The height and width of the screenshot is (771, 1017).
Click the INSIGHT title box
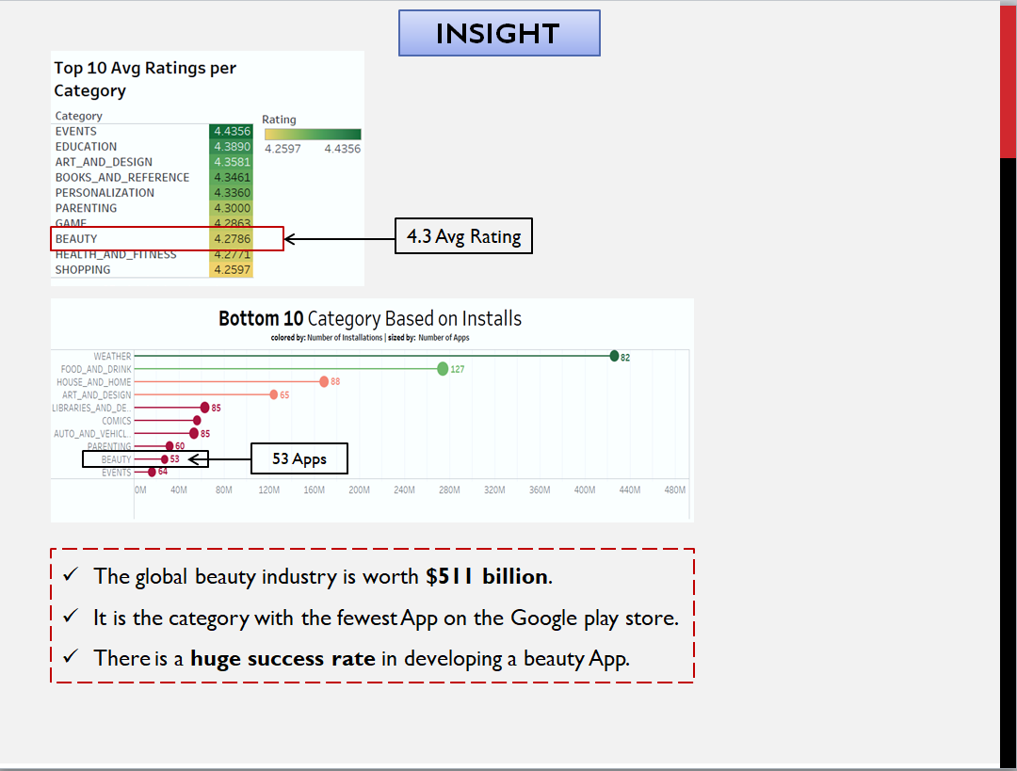[498, 33]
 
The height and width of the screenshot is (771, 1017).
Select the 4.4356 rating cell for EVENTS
[232, 131]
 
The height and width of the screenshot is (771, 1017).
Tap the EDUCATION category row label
[87, 147]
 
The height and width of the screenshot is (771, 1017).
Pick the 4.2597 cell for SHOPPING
[232, 270]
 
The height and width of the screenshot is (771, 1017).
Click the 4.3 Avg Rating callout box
[463, 236]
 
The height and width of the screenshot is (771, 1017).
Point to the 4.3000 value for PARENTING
[232, 208]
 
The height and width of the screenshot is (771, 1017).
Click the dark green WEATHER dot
[614, 356]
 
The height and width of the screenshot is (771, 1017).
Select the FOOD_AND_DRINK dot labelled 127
[443, 368]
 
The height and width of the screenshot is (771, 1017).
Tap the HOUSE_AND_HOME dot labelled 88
[324, 381]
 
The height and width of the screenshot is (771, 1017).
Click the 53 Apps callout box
[299, 458]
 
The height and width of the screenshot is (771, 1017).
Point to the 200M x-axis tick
[359, 490]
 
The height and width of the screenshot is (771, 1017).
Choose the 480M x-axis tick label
[675, 490]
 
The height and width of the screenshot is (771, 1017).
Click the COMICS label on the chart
[117, 421]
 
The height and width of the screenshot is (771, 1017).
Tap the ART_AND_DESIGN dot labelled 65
[274, 394]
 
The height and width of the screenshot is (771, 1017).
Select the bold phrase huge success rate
[283, 658]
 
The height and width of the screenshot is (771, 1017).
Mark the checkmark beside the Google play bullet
[71, 617]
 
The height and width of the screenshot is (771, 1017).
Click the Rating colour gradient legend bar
[312, 135]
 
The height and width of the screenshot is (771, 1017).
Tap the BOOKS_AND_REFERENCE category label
[122, 178]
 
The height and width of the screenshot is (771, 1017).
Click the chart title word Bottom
[250, 319]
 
